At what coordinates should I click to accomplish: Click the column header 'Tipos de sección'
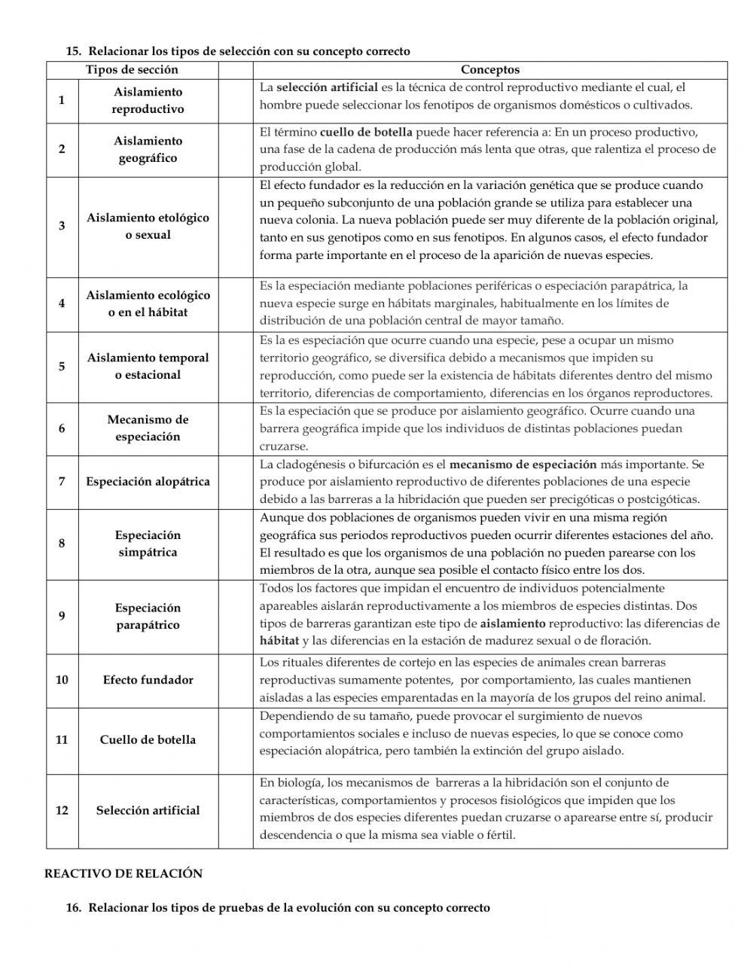pos(132,70)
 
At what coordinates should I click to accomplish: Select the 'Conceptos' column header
pos(489,70)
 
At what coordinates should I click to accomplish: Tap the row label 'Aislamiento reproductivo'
pos(148,100)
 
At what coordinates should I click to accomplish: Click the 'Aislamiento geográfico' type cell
pos(148,149)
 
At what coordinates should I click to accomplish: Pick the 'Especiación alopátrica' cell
pos(148,482)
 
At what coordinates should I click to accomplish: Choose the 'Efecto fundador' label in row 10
pos(148,680)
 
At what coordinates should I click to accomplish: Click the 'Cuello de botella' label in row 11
pos(148,739)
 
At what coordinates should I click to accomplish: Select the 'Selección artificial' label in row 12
pos(148,810)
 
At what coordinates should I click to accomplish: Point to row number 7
pos(62,482)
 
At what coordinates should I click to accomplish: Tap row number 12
pos(62,810)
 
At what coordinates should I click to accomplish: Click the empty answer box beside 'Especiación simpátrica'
pos(236,544)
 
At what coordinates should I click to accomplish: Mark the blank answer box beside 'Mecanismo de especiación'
pos(236,428)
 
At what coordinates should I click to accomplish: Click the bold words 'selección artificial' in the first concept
pos(328,88)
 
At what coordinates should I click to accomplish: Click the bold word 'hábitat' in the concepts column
pos(279,641)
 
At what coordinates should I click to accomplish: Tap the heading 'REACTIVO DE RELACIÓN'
pos(123,873)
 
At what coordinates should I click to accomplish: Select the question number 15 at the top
pos(74,52)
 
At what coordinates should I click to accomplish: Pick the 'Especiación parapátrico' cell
pos(148,616)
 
